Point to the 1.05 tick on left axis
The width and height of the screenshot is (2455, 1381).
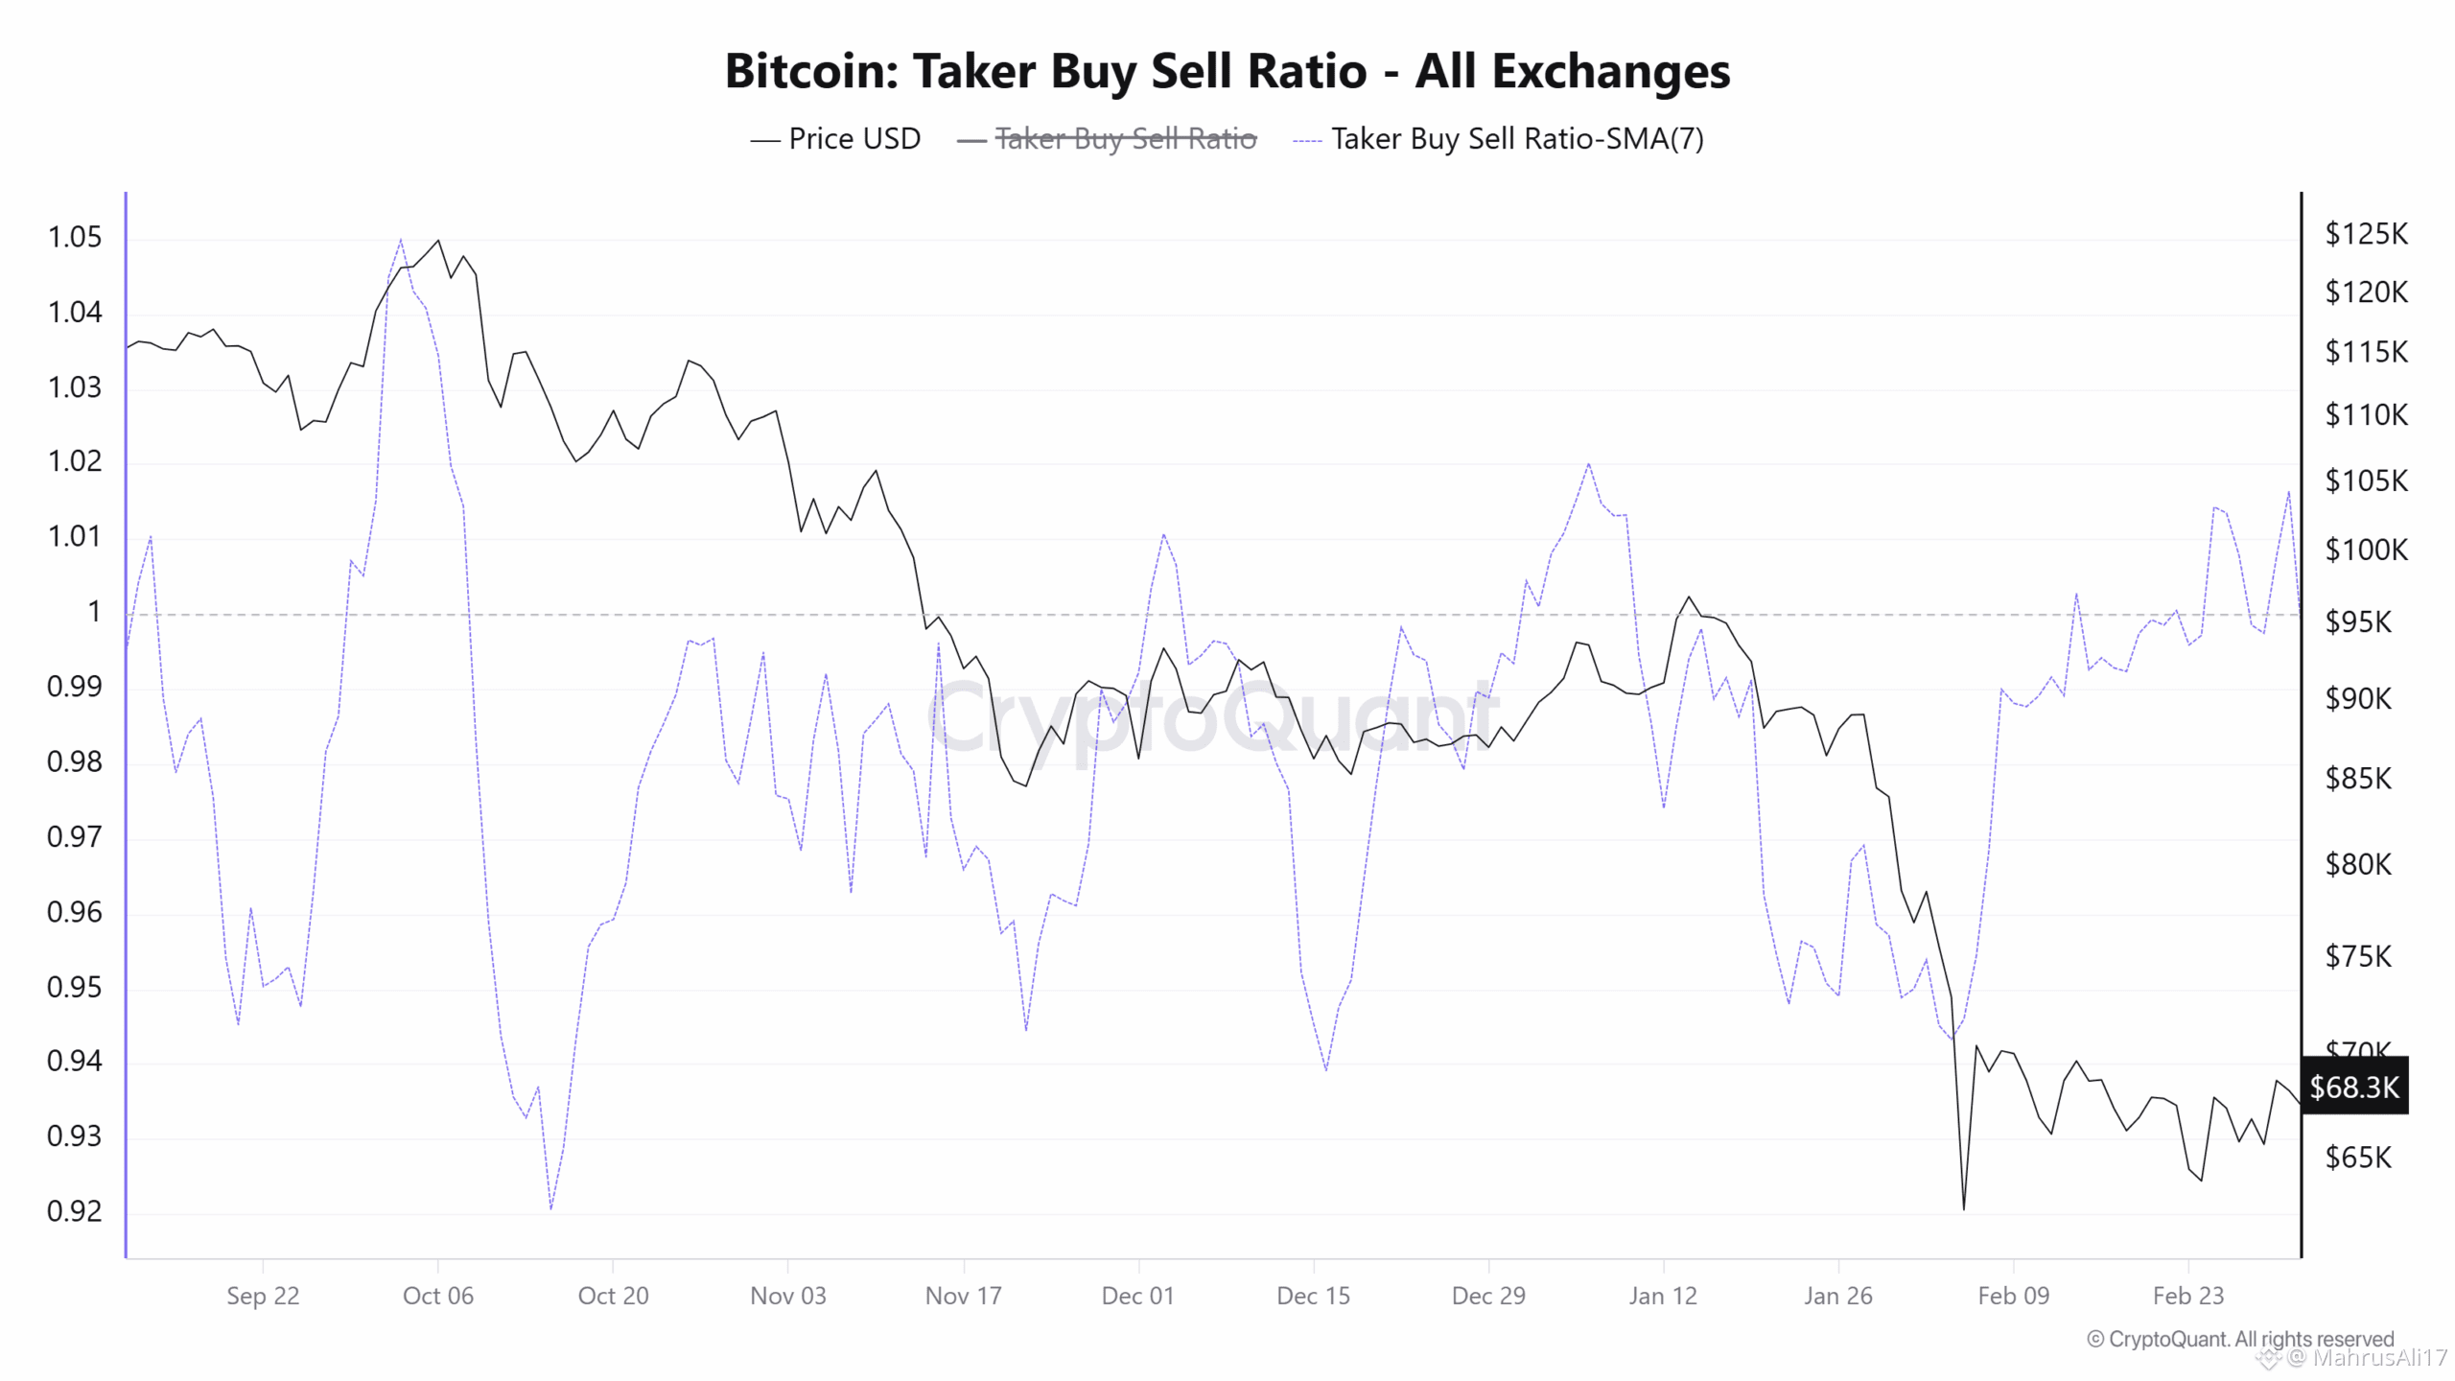click(75, 237)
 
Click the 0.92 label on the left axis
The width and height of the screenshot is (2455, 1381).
click(75, 1211)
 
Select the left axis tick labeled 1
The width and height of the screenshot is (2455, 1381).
click(93, 611)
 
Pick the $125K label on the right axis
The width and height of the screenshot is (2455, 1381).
click(2366, 233)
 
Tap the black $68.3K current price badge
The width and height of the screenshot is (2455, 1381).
click(2353, 1087)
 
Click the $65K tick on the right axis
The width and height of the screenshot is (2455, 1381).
click(2358, 1158)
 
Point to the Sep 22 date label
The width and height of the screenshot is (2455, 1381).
click(263, 1296)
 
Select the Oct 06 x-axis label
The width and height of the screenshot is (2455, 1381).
click(438, 1296)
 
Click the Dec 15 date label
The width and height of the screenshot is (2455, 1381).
click(1313, 1296)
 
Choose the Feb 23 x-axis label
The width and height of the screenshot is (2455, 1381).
click(2187, 1296)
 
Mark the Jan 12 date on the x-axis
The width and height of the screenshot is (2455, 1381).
click(1663, 1296)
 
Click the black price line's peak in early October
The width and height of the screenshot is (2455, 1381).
click(438, 241)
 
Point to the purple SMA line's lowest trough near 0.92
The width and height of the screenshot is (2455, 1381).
click(550, 1207)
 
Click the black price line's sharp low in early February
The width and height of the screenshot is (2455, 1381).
click(1963, 1207)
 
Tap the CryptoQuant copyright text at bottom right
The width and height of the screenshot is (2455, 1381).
click(2240, 1339)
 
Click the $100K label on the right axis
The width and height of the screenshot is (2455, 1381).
click(2366, 550)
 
